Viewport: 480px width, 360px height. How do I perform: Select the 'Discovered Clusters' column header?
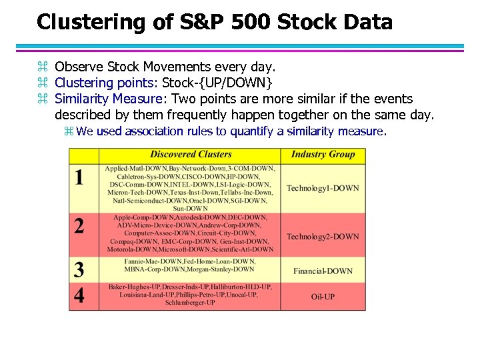pos(191,155)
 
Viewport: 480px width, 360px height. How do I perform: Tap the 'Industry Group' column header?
pos(323,155)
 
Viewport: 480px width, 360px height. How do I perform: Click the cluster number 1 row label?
pos(79,178)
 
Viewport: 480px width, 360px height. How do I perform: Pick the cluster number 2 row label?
pos(79,226)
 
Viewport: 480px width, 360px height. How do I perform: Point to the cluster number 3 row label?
pos(79,270)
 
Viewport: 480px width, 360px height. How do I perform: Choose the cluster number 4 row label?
pos(79,295)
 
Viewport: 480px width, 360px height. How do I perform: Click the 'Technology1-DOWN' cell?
pos(323,188)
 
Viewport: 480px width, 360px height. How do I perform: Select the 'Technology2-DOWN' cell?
pos(323,237)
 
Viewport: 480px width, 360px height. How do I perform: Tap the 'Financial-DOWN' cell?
pos(323,271)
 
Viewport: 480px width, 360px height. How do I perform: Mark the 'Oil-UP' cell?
pos(323,296)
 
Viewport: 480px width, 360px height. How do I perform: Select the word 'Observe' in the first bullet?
pos(76,67)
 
